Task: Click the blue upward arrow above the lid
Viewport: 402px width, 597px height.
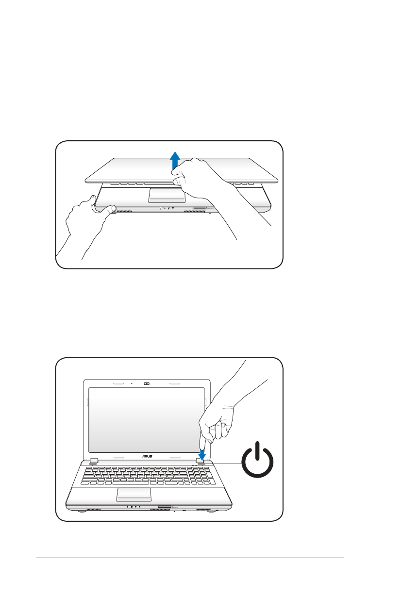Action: [176, 161]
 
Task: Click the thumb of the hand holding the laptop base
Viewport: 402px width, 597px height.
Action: [108, 209]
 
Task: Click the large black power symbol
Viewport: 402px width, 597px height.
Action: [257, 461]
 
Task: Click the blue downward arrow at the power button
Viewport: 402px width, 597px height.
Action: [201, 451]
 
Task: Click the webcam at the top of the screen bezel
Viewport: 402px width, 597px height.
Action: [146, 383]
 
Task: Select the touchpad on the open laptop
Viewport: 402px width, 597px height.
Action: [134, 495]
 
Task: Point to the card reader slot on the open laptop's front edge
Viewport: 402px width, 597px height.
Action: [165, 507]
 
